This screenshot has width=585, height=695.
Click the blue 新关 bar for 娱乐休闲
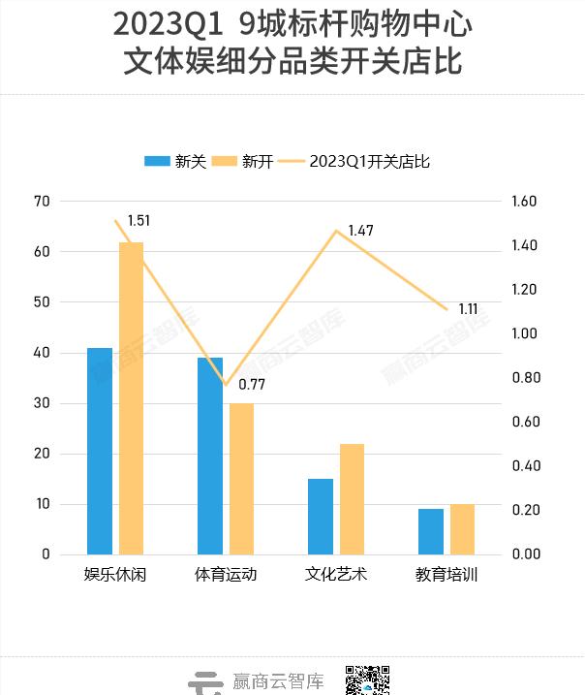pos(100,451)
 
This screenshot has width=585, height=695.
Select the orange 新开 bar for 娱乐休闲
pos(131,398)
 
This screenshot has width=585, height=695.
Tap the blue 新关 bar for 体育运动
pos(210,456)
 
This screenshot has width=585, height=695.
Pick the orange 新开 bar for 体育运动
pos(241,479)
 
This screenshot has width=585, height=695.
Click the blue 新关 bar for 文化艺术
pos(321,517)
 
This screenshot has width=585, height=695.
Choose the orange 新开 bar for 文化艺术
pos(352,499)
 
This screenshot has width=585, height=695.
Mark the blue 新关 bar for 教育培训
pos(431,531)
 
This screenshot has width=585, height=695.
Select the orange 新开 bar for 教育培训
pos(462,529)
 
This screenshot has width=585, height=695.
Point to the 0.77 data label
pos(252,384)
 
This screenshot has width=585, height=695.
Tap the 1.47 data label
pos(360,231)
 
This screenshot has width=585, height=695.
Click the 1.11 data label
pos(468,309)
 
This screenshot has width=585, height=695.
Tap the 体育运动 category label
pos(226,575)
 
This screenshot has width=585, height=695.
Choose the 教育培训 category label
pos(446,575)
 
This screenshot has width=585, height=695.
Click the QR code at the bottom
pos(368,680)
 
